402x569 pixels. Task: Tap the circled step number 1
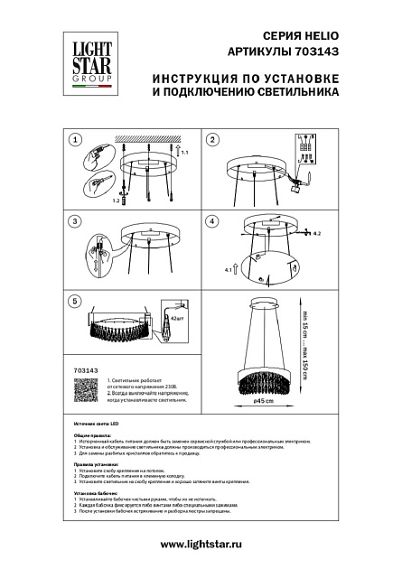[76, 140]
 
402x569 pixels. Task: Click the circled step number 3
[76, 221]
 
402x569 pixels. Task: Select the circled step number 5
[76, 300]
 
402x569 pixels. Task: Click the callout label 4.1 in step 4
[226, 269]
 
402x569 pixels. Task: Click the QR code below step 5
[82, 391]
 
